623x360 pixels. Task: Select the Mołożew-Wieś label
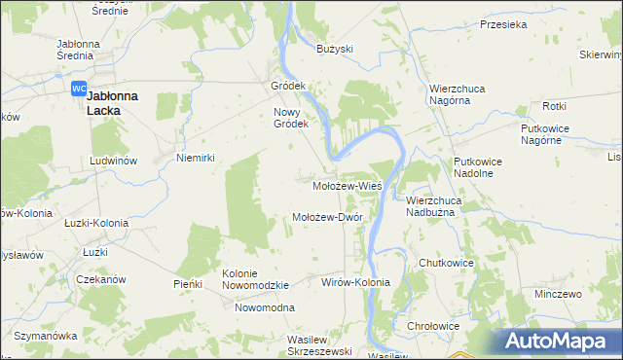(x=346, y=184)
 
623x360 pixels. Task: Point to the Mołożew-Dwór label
(x=327, y=217)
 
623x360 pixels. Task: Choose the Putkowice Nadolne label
(x=474, y=166)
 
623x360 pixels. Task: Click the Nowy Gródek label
(x=290, y=118)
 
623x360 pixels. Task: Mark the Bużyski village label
(x=334, y=48)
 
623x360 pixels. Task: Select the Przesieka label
(x=502, y=26)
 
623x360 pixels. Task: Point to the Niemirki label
(x=195, y=157)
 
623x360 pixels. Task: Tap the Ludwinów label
(x=112, y=160)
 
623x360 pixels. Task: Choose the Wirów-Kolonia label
(x=355, y=282)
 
